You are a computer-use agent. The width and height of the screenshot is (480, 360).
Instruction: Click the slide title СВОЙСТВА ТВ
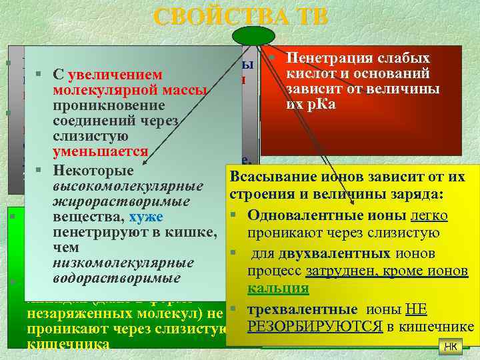pos(240,17)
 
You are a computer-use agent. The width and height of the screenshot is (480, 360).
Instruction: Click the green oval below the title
pos(253,35)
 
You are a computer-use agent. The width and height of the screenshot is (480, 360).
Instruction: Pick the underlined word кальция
pos(278,289)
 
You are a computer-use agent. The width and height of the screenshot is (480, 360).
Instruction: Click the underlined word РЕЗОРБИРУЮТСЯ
pos(315,326)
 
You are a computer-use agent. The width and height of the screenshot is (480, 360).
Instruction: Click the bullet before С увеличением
pos(40,73)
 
